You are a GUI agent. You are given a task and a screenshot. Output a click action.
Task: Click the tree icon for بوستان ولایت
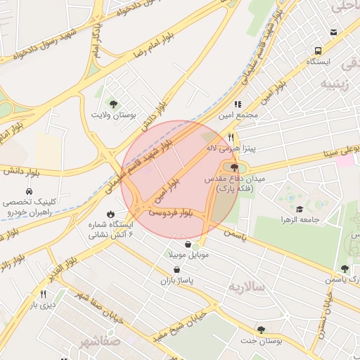coord(114,104)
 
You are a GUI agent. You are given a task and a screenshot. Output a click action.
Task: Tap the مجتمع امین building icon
coord(238,104)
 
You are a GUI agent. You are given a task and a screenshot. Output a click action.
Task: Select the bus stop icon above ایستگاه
coord(318,51)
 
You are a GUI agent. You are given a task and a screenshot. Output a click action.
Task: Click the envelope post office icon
coord(333,32)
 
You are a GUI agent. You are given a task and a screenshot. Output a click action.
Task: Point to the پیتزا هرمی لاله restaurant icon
coord(231,138)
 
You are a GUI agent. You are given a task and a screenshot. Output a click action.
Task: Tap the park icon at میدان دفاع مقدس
coord(234,167)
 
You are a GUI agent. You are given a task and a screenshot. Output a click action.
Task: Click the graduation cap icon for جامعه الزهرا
coord(300,209)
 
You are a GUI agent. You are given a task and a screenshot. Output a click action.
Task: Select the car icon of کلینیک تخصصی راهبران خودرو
coord(29,191)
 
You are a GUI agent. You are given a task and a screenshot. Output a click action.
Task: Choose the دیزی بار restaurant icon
coord(44,293)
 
